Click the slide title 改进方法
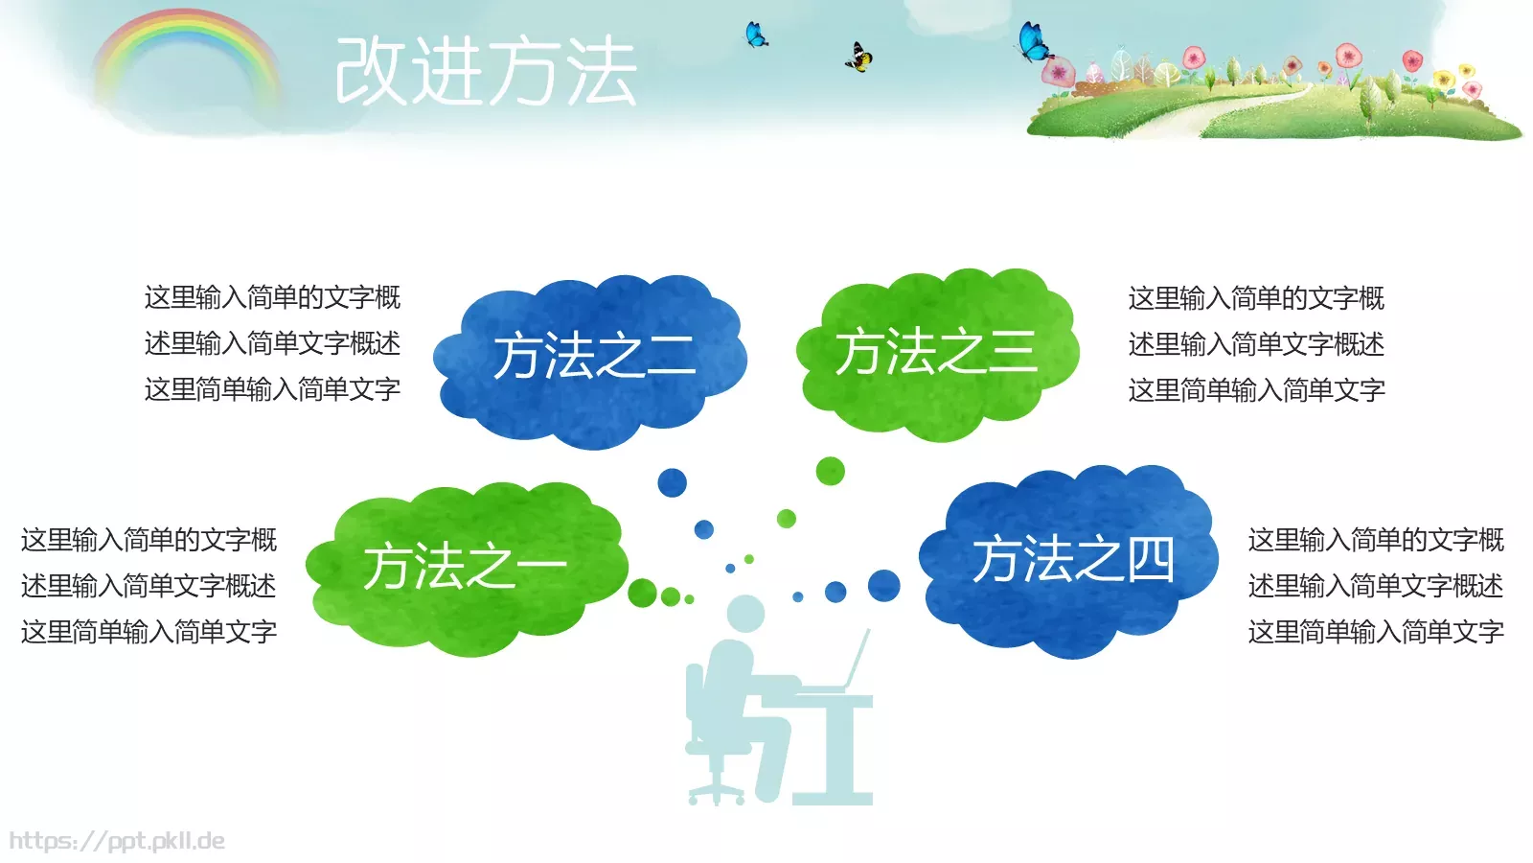486,72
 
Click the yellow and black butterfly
858,58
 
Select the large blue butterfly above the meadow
1033,41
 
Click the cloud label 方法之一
465,566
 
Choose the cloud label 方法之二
594,356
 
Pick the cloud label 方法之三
936,351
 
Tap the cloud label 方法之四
1073,559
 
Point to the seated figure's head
745,615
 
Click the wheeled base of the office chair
717,788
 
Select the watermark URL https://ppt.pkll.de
117,842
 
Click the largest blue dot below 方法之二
672,482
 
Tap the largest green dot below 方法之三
830,471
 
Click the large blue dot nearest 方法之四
883,585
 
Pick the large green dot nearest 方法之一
642,593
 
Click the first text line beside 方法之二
272,297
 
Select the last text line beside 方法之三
1256,390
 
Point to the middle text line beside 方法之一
149,586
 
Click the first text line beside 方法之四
1376,540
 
